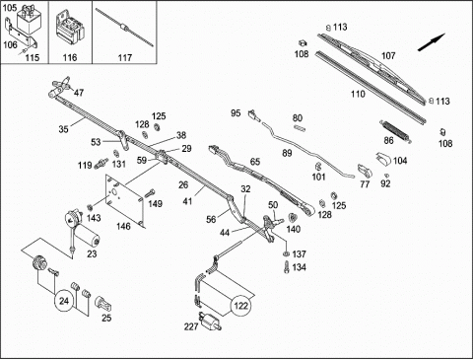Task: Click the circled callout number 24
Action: click(64, 301)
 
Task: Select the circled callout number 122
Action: click(241, 306)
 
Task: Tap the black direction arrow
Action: click(432, 42)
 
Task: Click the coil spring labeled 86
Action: click(396, 130)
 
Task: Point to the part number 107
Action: click(388, 55)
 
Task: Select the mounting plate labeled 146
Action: click(124, 200)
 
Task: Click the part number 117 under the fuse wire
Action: click(125, 58)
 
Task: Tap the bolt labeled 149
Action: click(150, 192)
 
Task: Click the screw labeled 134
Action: click(287, 266)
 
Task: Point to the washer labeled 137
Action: click(286, 253)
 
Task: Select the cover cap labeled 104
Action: click(383, 159)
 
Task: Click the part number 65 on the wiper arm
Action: click(255, 162)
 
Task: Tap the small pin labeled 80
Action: click(300, 128)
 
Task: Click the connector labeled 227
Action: click(210, 321)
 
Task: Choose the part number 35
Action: click(63, 129)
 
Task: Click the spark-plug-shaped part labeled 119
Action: click(101, 163)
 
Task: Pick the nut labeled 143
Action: click(89, 207)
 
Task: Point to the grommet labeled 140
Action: click(292, 218)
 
